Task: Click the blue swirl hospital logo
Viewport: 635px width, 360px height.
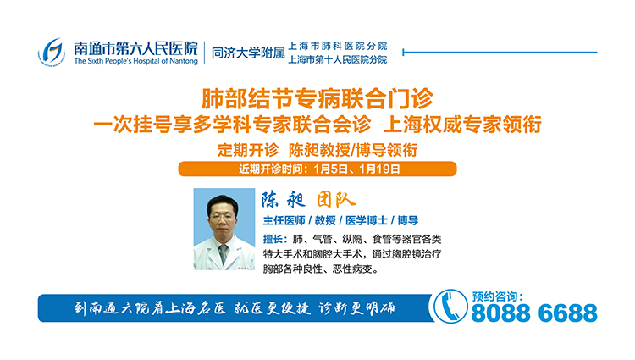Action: coord(52,52)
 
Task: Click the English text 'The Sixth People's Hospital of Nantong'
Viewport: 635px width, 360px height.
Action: coord(135,61)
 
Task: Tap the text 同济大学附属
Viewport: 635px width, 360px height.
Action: coord(248,53)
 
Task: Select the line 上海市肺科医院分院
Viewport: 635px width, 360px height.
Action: coord(337,46)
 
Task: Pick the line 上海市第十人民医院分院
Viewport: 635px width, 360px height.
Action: coord(337,59)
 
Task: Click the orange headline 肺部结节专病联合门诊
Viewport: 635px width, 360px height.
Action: coord(317,98)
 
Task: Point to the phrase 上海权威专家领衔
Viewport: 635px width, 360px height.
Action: coord(462,125)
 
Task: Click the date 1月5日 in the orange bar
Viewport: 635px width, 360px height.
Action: coord(330,169)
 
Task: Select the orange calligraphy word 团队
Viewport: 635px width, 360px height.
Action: coord(336,200)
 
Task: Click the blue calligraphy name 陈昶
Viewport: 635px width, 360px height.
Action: coord(283,199)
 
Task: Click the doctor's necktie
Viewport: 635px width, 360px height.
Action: coord(224,253)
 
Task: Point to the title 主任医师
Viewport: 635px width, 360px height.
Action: coord(284,221)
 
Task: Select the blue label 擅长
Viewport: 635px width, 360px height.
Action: coord(273,240)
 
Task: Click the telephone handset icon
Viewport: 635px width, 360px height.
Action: coord(450,307)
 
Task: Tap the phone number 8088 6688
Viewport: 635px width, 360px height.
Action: coord(534,313)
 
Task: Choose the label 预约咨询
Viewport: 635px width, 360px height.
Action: coord(495,296)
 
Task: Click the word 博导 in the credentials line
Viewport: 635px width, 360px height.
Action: coord(408,221)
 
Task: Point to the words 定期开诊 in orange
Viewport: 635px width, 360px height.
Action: coord(248,150)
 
